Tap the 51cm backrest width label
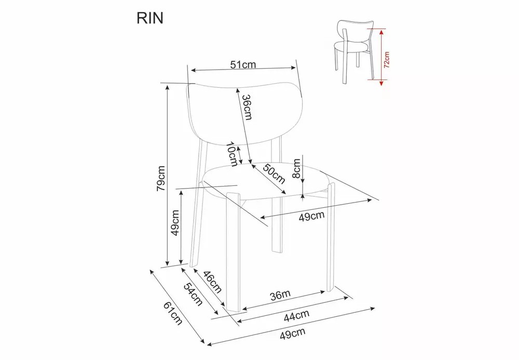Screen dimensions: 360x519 tap(244, 64)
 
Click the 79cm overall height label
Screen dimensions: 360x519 tap(161, 179)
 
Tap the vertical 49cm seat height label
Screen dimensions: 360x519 tap(175, 222)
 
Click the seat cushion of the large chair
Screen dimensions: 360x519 tap(265, 179)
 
